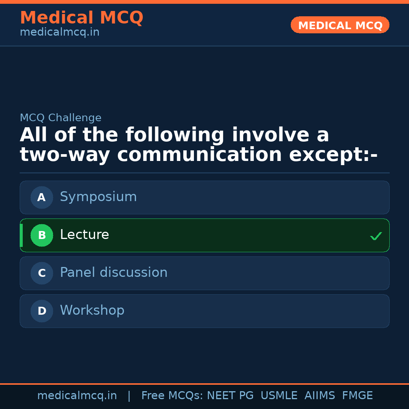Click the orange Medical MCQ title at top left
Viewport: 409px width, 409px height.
[81, 18]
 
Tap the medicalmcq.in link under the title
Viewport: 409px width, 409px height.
[59, 33]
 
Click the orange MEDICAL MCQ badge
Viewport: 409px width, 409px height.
[340, 25]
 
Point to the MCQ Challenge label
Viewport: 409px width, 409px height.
[61, 118]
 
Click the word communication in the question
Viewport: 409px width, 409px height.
[200, 155]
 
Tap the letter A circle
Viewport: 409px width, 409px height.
[42, 197]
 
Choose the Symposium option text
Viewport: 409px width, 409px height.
[98, 197]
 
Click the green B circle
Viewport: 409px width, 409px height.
[42, 235]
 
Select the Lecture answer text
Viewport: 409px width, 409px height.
[84, 235]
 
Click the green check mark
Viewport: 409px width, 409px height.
[376, 236]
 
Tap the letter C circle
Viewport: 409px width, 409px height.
[42, 273]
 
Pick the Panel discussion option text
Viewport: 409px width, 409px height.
[114, 273]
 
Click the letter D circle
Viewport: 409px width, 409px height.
[42, 311]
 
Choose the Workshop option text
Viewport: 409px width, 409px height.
[92, 311]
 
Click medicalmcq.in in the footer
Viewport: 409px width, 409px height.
[77, 396]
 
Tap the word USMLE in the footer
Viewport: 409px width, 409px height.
[279, 396]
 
